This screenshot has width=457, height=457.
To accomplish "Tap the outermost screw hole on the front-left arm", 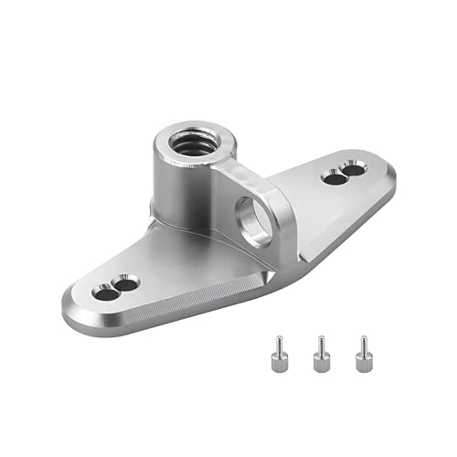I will point(106,292).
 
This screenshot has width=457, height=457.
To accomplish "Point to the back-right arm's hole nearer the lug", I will point(334,177).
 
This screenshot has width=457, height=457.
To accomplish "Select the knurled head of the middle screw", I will point(321,361).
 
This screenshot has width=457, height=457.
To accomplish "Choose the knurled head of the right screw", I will point(364,359).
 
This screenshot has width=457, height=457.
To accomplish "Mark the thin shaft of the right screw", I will point(363,343).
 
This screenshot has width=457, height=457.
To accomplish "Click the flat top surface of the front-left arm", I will point(174,260).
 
